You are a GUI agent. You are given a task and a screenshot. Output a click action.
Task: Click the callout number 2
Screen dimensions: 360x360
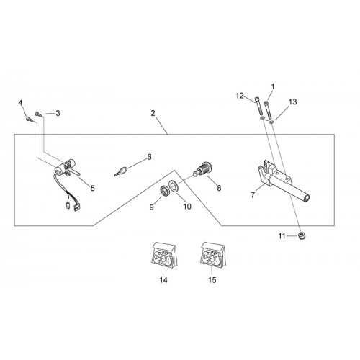pyautogui.click(x=153, y=113)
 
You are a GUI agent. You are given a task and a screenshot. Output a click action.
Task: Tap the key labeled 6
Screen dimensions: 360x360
pyautogui.click(x=120, y=171)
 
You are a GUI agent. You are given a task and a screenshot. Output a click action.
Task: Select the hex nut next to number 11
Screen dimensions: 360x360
pyautogui.click(x=302, y=235)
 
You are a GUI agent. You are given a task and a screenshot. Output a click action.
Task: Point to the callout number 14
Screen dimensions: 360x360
pyautogui.click(x=163, y=280)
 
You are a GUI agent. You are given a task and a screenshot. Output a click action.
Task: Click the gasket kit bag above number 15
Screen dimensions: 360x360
pyautogui.click(x=212, y=255)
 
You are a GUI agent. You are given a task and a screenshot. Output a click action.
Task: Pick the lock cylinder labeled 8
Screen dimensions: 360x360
pyautogui.click(x=203, y=168)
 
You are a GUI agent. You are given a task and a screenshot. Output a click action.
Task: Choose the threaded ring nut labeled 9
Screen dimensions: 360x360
pyautogui.click(x=164, y=192)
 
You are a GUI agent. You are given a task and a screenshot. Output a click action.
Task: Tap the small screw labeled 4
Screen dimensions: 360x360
pyautogui.click(x=29, y=119)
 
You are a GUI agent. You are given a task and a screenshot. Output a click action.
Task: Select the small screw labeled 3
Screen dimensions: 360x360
pyautogui.click(x=39, y=114)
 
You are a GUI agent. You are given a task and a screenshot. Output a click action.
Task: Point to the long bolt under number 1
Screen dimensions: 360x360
pyautogui.click(x=268, y=109)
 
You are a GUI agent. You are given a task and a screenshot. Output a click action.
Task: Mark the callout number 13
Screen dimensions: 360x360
pyautogui.click(x=293, y=102)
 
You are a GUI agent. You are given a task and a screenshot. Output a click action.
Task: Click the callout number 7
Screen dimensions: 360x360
pyautogui.click(x=253, y=195)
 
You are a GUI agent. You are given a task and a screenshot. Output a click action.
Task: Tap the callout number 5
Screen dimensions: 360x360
pyautogui.click(x=93, y=188)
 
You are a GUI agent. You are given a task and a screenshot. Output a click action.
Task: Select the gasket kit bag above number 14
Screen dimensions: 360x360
pyautogui.click(x=164, y=255)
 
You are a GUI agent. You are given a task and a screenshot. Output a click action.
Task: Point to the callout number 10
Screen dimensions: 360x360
pyautogui.click(x=187, y=207)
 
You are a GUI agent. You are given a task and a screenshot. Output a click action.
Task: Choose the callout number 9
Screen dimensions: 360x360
pyautogui.click(x=151, y=207)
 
